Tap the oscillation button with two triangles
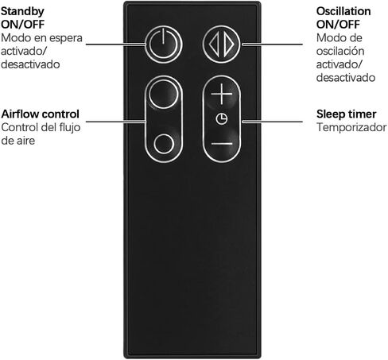click(x=222, y=45)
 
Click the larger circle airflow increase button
click(x=163, y=94)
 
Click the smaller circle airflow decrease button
click(x=164, y=144)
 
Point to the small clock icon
click(x=221, y=118)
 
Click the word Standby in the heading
click(x=22, y=11)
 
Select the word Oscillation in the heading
click(x=343, y=11)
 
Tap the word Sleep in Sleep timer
click(x=330, y=114)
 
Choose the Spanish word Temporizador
click(x=351, y=127)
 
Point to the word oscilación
click(x=340, y=51)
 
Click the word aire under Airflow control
click(x=25, y=141)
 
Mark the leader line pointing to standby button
click(x=116, y=44)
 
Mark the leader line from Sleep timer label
click(x=272, y=122)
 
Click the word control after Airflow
click(x=60, y=114)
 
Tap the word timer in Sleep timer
click(x=361, y=114)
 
